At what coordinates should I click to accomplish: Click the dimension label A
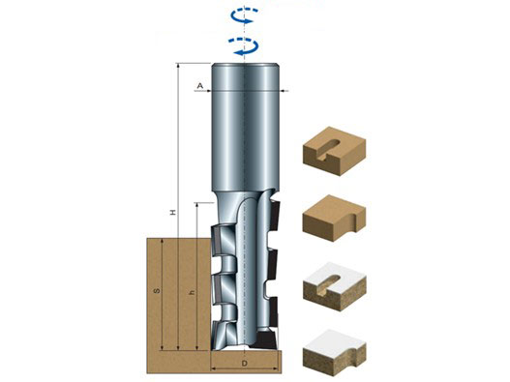click(200, 86)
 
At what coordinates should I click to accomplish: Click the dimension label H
click(173, 213)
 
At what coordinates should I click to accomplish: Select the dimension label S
click(157, 290)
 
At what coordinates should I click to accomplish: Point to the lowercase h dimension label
click(193, 293)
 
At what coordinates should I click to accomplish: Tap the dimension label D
click(245, 364)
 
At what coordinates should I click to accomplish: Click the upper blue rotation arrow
click(244, 15)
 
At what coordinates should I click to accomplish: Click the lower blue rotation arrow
click(243, 45)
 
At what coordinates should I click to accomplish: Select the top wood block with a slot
click(334, 151)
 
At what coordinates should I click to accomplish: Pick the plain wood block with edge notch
click(334, 218)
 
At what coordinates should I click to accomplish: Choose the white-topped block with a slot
click(335, 286)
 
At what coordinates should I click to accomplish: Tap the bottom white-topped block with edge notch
click(335, 353)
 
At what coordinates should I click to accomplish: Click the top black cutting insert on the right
click(275, 216)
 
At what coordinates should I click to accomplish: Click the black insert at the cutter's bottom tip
click(266, 339)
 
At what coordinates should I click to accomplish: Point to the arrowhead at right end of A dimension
click(283, 91)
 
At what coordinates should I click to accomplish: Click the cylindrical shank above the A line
click(245, 76)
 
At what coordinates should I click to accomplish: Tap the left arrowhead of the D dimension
click(214, 368)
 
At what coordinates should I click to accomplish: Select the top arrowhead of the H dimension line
click(178, 66)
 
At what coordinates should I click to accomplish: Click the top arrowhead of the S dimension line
click(162, 241)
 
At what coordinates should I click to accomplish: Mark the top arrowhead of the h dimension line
click(196, 206)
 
